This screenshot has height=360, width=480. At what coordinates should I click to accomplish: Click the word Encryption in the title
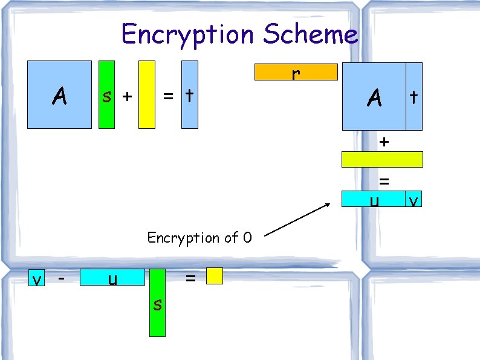click(188, 34)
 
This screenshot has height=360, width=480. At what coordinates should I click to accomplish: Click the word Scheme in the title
click(310, 34)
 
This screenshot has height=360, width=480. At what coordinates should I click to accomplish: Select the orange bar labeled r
click(296, 72)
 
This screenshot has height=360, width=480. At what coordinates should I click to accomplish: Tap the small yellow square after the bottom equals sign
click(215, 277)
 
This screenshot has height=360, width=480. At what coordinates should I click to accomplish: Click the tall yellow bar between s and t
click(147, 95)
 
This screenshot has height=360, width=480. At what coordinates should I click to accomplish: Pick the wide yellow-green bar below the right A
click(382, 159)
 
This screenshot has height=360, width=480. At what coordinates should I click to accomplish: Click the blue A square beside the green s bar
click(59, 94)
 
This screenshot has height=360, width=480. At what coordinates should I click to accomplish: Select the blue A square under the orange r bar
click(374, 96)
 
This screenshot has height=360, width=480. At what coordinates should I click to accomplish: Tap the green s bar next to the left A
click(106, 95)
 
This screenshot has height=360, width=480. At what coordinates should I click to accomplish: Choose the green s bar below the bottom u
click(157, 303)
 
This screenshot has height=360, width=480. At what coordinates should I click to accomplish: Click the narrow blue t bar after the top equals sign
click(190, 95)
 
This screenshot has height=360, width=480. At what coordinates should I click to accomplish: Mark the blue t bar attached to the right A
click(414, 96)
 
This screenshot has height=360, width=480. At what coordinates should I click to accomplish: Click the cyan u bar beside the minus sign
click(112, 278)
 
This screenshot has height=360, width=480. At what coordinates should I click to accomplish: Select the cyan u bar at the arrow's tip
click(373, 198)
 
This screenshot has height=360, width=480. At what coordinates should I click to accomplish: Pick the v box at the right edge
click(414, 198)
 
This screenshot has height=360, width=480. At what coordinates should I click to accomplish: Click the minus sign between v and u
click(61, 278)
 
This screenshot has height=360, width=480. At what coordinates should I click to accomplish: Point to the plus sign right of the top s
click(127, 96)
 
